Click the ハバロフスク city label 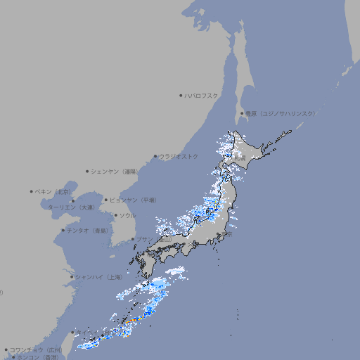click(202, 96)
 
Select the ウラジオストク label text click(179, 156)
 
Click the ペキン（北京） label click(54, 191)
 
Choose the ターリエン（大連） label click(71, 207)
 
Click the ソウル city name click(127, 215)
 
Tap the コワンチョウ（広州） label click(36, 349)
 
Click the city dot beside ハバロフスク click(181, 96)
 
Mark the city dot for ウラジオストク click(155, 156)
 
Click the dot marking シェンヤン click(87, 171)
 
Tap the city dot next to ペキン click(32, 191)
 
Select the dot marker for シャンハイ click(72, 277)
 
